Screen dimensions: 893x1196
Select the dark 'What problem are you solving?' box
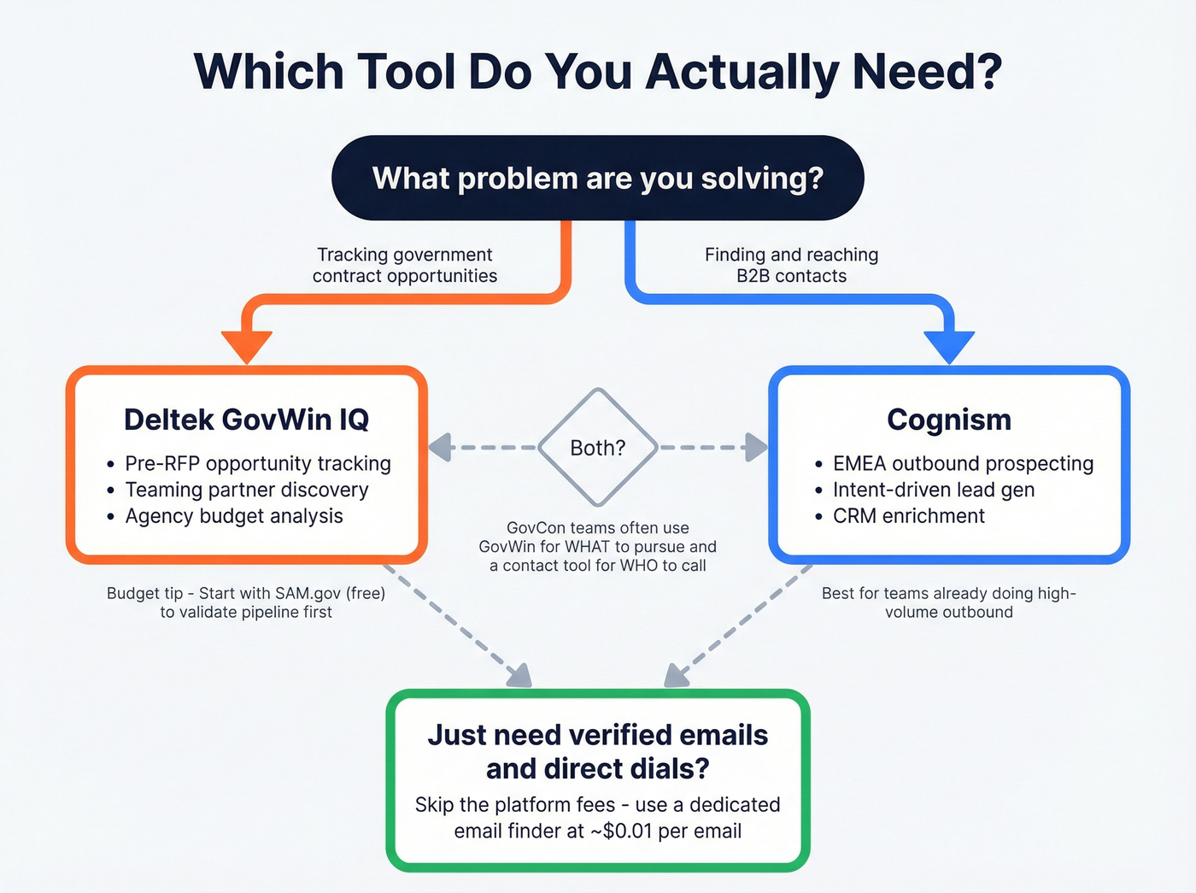coord(598,178)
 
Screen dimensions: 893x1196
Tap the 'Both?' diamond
coord(598,448)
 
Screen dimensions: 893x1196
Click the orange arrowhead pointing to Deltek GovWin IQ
coord(247,346)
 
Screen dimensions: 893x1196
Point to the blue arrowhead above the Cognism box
coord(949,346)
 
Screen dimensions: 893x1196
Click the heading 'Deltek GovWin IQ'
coord(247,420)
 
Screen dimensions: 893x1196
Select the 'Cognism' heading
coord(949,420)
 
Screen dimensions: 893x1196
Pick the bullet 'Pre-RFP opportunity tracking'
coord(257,463)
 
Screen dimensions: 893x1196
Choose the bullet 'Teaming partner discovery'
coord(247,490)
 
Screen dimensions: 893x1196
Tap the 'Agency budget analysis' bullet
coord(234,516)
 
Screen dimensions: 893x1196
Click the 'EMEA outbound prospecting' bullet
coord(963,463)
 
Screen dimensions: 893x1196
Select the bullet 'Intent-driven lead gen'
coord(934,490)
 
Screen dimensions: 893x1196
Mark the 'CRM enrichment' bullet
coord(909,516)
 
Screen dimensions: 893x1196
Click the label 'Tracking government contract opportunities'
coord(405,265)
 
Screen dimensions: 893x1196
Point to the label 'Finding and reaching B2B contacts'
coord(791,265)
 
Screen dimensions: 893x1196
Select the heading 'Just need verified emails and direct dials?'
coord(598,751)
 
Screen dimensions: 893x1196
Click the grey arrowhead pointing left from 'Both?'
coord(440,447)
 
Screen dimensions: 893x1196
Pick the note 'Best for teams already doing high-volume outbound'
coord(949,602)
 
